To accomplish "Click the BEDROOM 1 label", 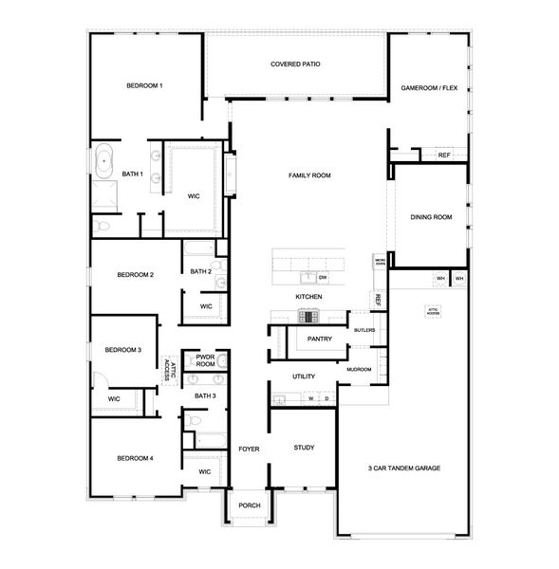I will point(145,86).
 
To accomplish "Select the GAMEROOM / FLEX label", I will point(429,86).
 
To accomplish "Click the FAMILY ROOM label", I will point(309,175).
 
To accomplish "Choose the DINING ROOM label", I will point(431,217).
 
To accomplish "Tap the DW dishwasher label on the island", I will point(323,277).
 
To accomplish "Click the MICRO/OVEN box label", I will point(379,263).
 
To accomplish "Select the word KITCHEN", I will point(308,297).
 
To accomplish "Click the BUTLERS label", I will point(364,330).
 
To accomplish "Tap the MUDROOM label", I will point(359,369).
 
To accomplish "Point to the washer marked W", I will point(310,398).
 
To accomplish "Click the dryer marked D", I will point(326,398).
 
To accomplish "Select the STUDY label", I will point(304,448).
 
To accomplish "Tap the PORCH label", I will point(249,505).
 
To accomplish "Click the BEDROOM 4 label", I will point(136,458).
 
